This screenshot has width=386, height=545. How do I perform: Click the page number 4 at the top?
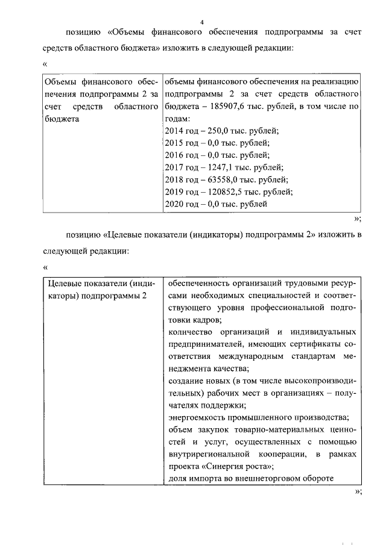tap(202, 22)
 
